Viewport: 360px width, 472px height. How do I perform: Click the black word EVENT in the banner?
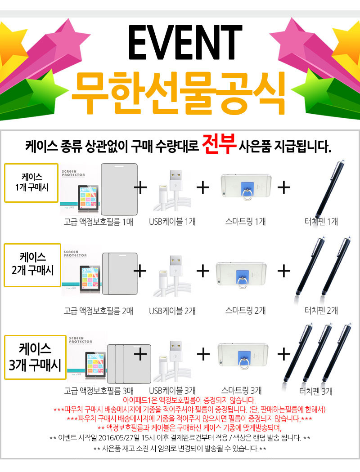[185, 42]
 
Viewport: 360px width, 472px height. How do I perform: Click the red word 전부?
[219, 144]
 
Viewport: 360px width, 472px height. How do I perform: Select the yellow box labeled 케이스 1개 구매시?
[31, 183]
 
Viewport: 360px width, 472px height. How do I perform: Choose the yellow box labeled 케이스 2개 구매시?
[32, 265]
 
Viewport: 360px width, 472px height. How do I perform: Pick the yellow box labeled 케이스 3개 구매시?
[35, 357]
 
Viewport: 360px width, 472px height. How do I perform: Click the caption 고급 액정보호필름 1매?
[98, 222]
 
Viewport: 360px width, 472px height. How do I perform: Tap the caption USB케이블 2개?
[172, 311]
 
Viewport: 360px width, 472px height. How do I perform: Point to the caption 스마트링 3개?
[241, 391]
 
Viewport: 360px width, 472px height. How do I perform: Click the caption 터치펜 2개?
[321, 310]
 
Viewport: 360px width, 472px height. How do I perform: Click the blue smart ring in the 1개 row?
[247, 190]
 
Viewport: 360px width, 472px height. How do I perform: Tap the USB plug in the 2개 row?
[176, 266]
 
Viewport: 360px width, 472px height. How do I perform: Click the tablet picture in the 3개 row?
[96, 364]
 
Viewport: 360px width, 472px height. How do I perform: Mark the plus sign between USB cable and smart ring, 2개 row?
[203, 271]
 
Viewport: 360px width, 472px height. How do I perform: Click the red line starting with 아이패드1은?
[189, 401]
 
